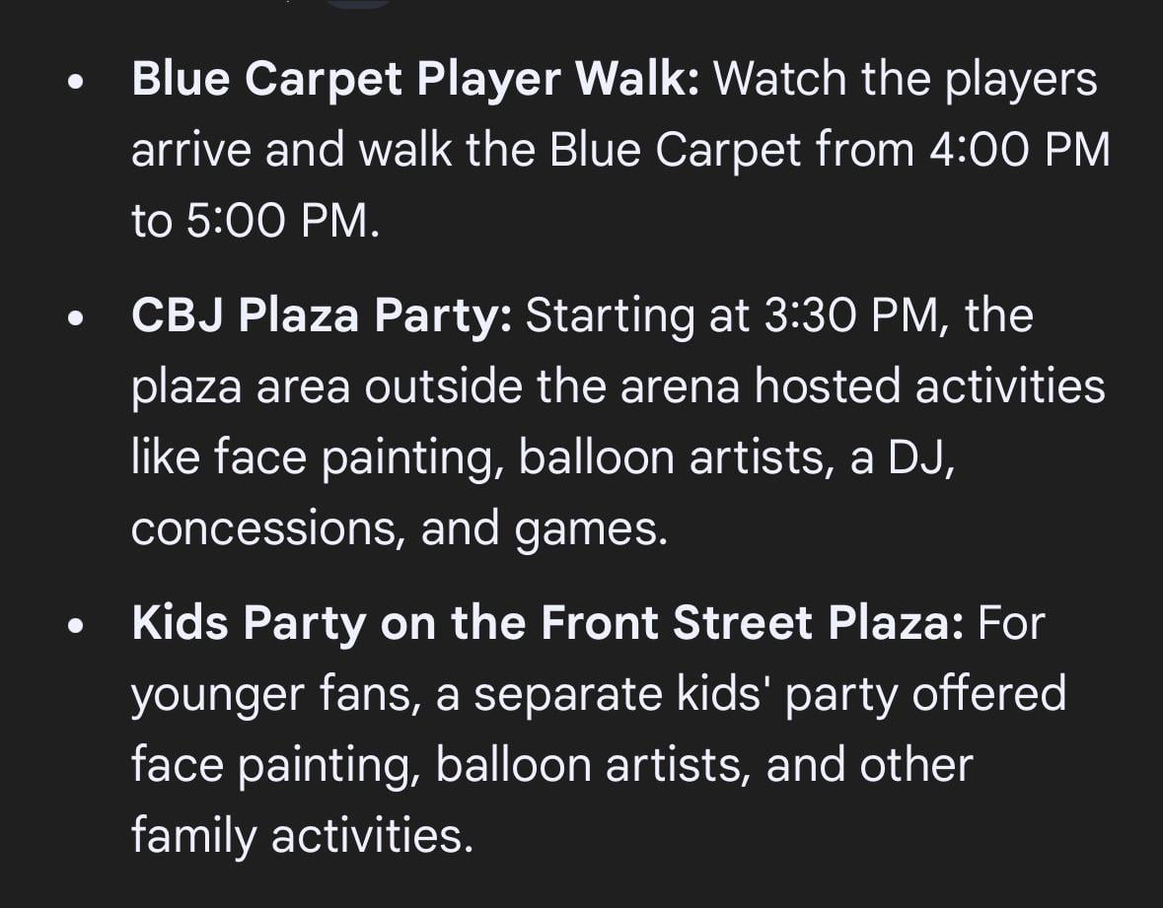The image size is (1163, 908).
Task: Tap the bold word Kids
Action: pos(180,624)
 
